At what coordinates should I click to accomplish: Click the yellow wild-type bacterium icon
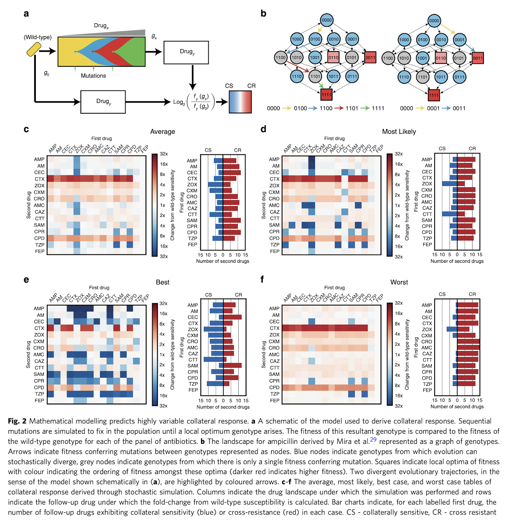click(x=34, y=49)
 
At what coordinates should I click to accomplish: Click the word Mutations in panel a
click(x=93, y=76)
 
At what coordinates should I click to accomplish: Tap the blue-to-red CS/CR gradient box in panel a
click(x=240, y=102)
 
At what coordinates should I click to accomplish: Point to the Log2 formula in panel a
click(x=194, y=102)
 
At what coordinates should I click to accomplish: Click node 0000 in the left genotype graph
click(x=327, y=20)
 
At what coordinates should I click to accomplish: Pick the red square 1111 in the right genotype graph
click(x=434, y=95)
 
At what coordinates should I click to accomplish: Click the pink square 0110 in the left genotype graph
click(x=333, y=58)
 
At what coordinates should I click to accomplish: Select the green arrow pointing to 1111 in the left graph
click(x=321, y=85)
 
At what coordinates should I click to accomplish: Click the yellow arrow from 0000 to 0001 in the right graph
click(x=448, y=29)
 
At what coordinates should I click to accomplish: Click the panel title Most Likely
click(x=399, y=132)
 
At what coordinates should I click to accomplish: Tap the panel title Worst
click(x=399, y=282)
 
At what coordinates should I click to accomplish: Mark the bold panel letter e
click(x=26, y=280)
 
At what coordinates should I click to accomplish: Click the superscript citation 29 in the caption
click(x=373, y=439)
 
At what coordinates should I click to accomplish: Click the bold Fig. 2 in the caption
click(x=17, y=421)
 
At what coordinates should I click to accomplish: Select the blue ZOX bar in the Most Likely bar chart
click(x=450, y=184)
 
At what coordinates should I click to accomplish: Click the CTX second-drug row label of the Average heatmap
click(x=39, y=179)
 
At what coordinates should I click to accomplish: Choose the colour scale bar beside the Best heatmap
click(x=155, y=354)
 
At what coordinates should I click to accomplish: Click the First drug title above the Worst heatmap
click(x=334, y=288)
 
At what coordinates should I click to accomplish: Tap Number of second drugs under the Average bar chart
click(x=223, y=261)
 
